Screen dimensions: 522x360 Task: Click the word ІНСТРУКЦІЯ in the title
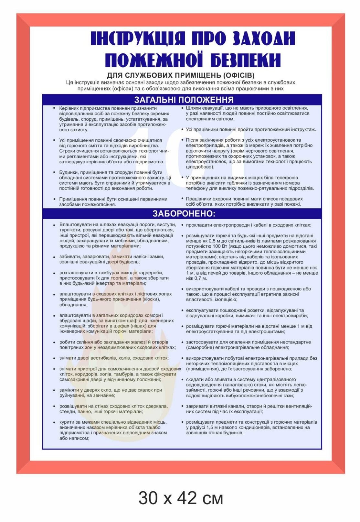138,38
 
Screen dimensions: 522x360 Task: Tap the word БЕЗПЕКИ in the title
246,60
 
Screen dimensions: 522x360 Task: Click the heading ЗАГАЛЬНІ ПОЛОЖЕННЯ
184,100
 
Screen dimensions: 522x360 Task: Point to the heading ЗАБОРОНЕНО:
184,213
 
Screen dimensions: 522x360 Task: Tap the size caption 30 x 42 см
180,498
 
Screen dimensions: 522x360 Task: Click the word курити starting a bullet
66,422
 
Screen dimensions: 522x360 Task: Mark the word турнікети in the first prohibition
69,230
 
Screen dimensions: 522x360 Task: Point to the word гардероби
151,273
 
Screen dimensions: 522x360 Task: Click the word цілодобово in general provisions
199,167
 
